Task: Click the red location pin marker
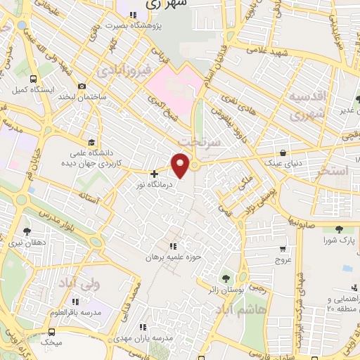point(181,165)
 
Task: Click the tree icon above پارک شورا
point(339,229)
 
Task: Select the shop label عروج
point(283,259)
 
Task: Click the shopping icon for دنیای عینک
point(283,153)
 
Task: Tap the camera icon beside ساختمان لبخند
point(82,86)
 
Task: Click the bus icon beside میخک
point(51,332)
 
